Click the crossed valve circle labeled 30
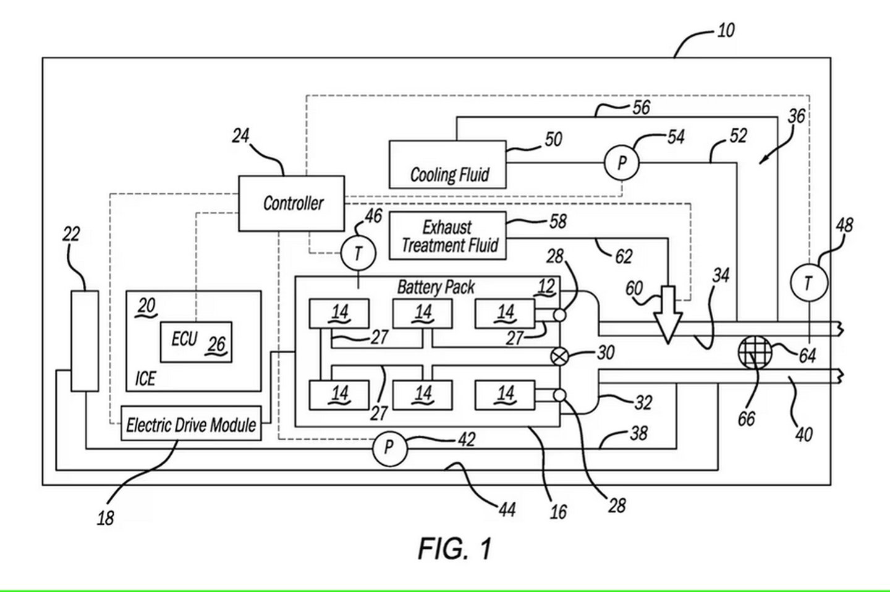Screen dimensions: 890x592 point(559,357)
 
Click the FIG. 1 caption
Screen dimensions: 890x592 point(455,549)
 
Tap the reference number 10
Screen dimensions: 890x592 point(726,30)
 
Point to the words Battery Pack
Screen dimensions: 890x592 point(436,287)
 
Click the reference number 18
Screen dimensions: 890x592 point(105,518)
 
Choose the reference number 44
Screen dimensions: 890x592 point(507,509)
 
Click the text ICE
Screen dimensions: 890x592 point(145,378)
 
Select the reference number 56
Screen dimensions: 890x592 point(641,107)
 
